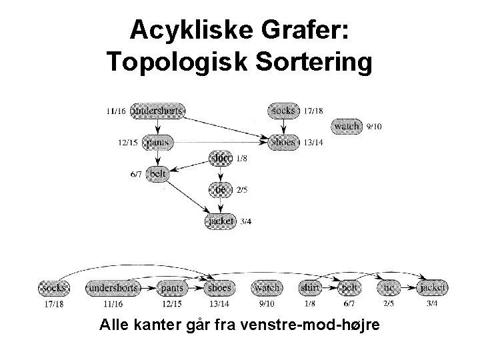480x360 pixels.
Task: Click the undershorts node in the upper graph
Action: (x=158, y=110)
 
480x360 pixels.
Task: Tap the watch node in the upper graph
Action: (x=347, y=126)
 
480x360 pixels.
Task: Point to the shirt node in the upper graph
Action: (x=220, y=158)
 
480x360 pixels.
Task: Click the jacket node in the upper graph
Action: (x=220, y=221)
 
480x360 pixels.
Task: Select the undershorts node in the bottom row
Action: (x=113, y=288)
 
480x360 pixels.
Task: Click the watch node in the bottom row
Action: (x=267, y=288)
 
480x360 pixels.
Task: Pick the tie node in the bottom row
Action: (x=390, y=288)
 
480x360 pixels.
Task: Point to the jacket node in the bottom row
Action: (x=432, y=288)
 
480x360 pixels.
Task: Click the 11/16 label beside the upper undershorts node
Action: (x=115, y=111)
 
